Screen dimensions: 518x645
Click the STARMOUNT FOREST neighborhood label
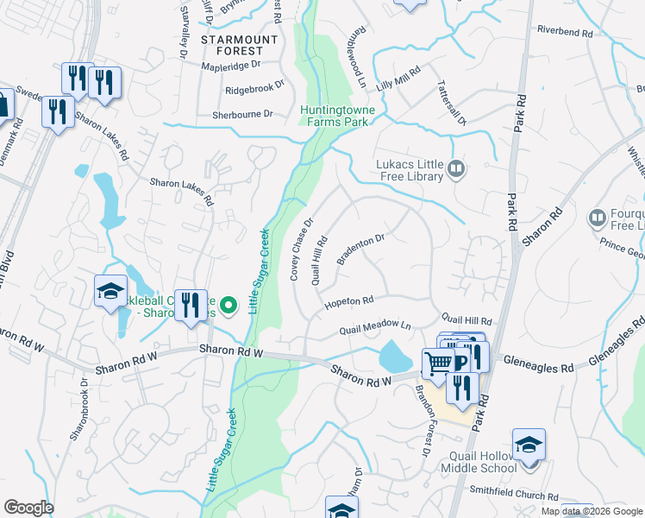tap(240, 45)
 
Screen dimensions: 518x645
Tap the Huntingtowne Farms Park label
tap(335, 116)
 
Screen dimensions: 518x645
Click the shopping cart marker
tap(438, 363)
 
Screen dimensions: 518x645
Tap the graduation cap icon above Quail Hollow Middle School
tap(529, 445)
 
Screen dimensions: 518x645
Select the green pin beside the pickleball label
tap(229, 304)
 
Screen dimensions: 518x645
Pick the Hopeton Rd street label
tap(348, 303)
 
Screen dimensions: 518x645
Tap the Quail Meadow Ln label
tap(375, 327)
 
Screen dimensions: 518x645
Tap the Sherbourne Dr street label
tap(243, 114)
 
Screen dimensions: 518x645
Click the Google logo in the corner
tap(29, 508)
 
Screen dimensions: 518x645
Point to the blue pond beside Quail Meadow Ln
tap(394, 355)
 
